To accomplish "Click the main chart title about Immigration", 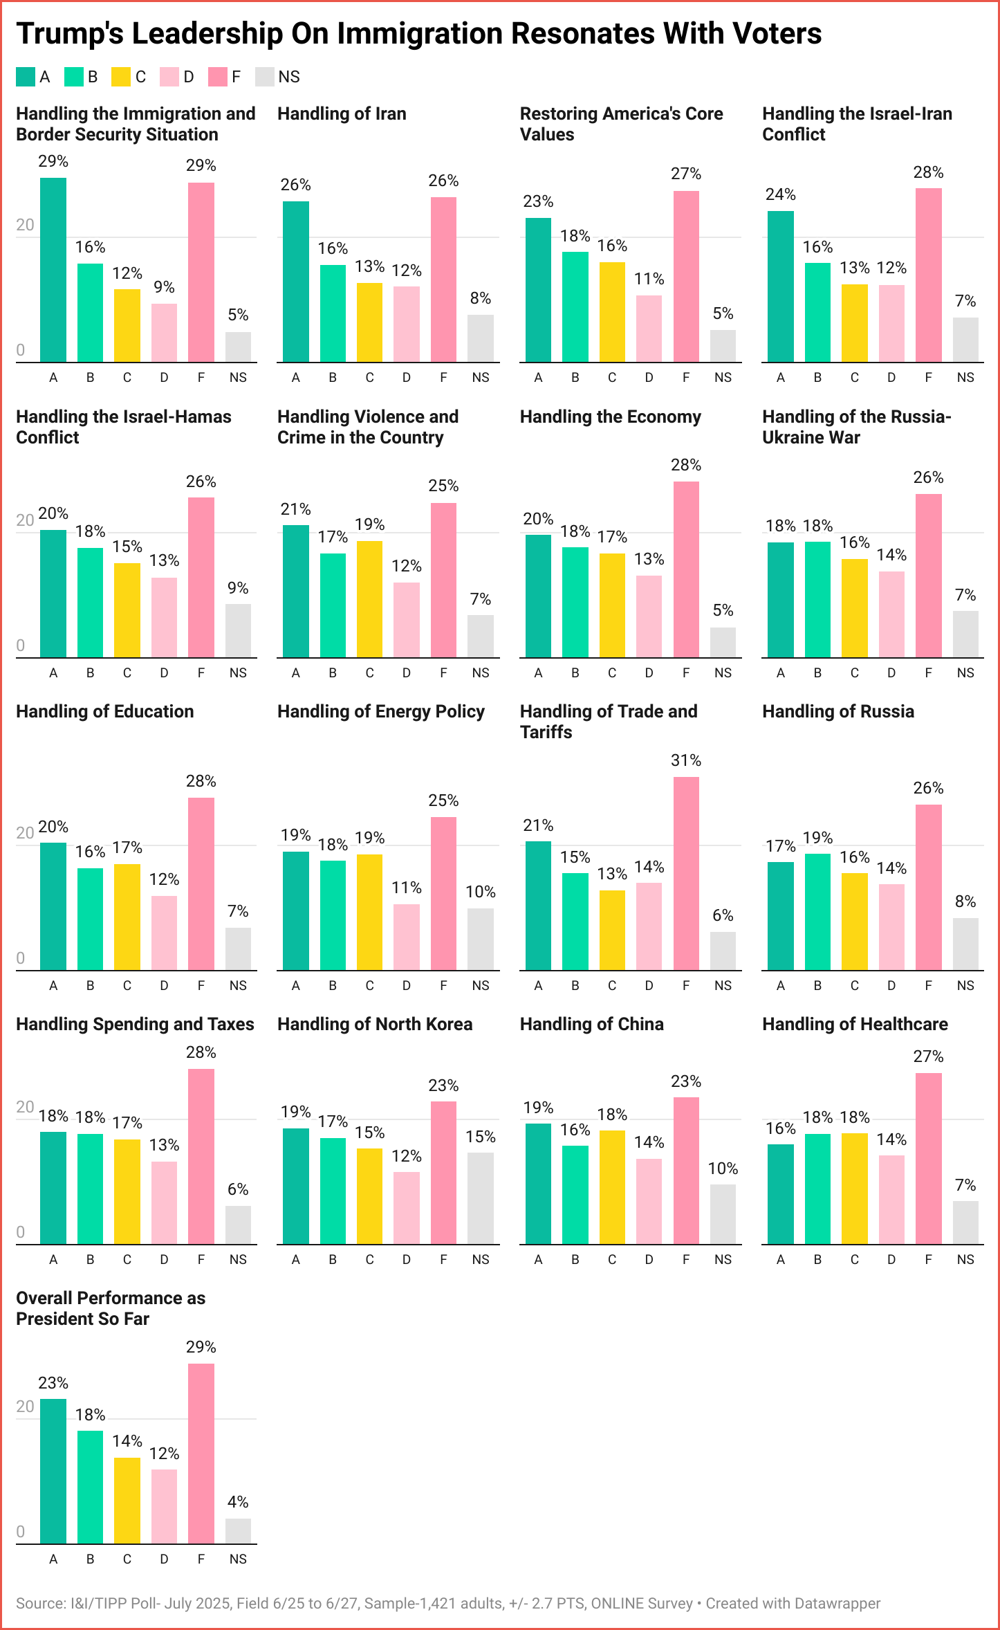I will pyautogui.click(x=418, y=33).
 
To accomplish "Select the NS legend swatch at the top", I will pyautogui.click(x=265, y=77).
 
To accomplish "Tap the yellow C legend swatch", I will pyautogui.click(x=121, y=77).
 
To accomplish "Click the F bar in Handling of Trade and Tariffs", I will pyautogui.click(x=686, y=873).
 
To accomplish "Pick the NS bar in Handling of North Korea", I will pyautogui.click(x=480, y=1198).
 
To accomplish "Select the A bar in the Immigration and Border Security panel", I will pyautogui.click(x=53, y=270).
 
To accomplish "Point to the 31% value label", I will pyautogui.click(x=686, y=760).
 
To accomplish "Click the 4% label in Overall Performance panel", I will pyautogui.click(x=238, y=1502).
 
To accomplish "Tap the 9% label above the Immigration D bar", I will pyautogui.click(x=164, y=287).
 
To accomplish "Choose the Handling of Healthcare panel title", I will pyautogui.click(x=855, y=1024).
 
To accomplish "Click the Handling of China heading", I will pyautogui.click(x=591, y=1024).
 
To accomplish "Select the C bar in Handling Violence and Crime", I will pyautogui.click(x=369, y=599).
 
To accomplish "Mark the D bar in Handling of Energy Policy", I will pyautogui.click(x=407, y=937).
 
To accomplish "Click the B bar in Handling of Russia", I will pyautogui.click(x=817, y=912).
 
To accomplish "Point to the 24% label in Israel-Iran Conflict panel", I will pyautogui.click(x=780, y=194).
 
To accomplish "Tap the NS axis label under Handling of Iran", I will pyautogui.click(x=480, y=378).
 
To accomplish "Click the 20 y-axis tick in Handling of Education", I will pyautogui.click(x=25, y=833).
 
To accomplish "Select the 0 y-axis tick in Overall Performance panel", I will pyautogui.click(x=21, y=1532).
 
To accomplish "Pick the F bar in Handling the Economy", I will pyautogui.click(x=686, y=569).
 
